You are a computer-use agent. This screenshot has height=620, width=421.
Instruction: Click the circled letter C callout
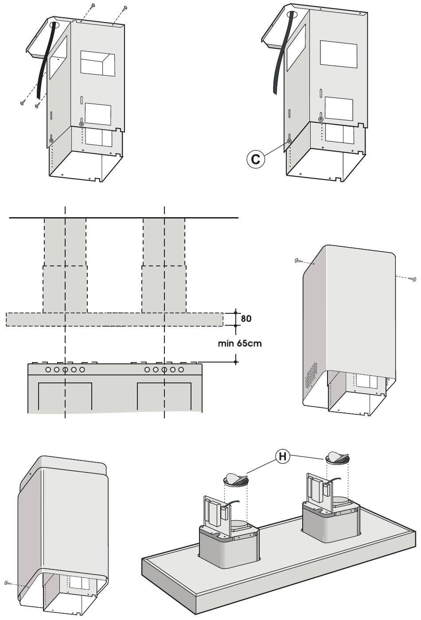tap(256, 159)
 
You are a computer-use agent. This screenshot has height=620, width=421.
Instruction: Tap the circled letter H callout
tap(282, 456)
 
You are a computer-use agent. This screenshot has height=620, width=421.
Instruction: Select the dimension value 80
tap(246, 319)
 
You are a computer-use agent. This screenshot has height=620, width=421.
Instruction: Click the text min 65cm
tap(240, 343)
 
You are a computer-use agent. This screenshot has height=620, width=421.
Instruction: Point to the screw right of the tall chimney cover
tap(413, 279)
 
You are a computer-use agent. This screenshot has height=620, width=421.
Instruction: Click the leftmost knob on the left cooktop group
tap(47, 369)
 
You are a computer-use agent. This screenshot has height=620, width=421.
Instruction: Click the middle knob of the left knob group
tap(65, 369)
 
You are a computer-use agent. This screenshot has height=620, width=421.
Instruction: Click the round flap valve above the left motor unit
tap(236, 479)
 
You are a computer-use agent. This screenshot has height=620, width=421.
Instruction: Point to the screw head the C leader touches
tap(289, 141)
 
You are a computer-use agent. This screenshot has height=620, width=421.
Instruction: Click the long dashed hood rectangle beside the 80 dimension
tap(114, 319)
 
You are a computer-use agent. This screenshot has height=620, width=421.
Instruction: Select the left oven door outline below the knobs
tap(65, 396)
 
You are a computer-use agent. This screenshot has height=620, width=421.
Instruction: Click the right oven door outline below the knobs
tap(164, 396)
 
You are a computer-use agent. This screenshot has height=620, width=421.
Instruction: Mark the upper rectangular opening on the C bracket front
tap(339, 54)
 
